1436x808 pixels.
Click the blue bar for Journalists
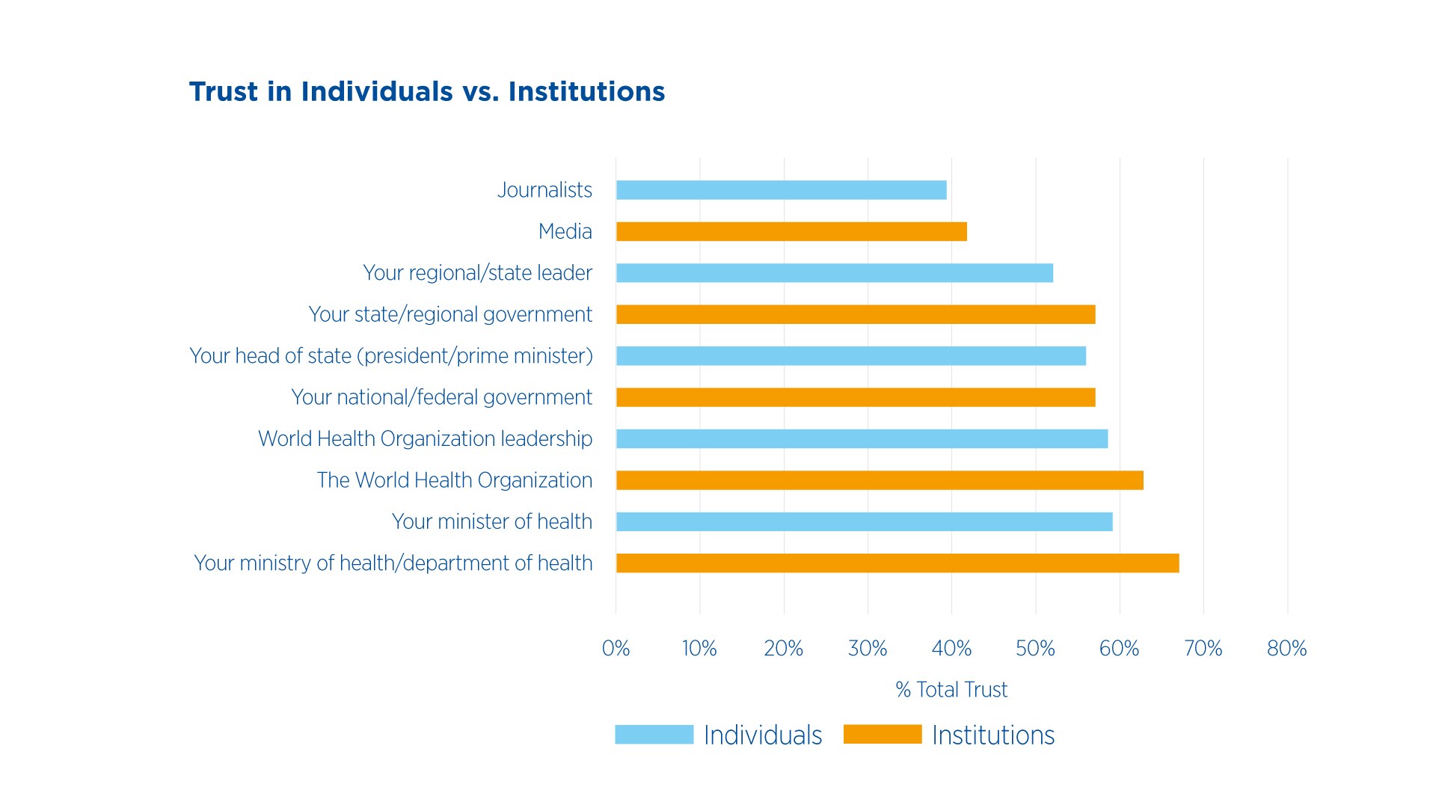tap(781, 190)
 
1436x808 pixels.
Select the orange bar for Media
tap(791, 232)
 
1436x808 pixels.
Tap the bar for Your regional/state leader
tap(834, 273)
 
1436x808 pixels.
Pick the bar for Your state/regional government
tap(856, 314)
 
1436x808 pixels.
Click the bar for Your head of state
tap(850, 356)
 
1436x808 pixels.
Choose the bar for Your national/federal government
tap(856, 397)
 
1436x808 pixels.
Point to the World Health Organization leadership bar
tap(862, 438)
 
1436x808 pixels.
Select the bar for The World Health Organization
tap(880, 480)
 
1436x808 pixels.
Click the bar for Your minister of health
tap(864, 521)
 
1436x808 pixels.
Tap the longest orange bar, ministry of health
tap(897, 563)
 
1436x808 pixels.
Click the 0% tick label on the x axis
tap(616, 648)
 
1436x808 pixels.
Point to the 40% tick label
tap(951, 648)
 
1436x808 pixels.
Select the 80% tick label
tap(1286, 648)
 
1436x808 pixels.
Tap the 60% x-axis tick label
tap(1119, 648)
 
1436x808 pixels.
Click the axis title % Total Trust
tap(951, 689)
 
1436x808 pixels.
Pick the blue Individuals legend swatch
tap(654, 735)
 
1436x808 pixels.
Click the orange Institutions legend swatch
tap(883, 735)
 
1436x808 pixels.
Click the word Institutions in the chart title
tap(586, 91)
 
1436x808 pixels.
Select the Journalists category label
tap(544, 190)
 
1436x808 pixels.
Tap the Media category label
tap(565, 232)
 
